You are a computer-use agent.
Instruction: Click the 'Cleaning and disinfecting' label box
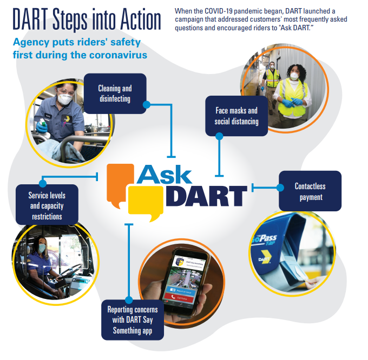click(115, 93)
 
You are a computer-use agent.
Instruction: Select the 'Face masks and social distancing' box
click(236, 116)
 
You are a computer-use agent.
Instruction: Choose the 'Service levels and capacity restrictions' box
click(46, 204)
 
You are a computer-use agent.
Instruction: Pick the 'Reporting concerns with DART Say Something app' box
click(133, 320)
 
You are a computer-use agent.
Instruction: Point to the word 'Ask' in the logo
click(165, 174)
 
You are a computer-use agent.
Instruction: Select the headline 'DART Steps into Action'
click(87, 19)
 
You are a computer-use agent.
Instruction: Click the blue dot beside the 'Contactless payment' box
click(280, 188)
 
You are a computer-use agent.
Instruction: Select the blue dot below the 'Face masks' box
click(219, 137)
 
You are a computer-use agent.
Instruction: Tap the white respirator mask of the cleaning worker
click(65, 99)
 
